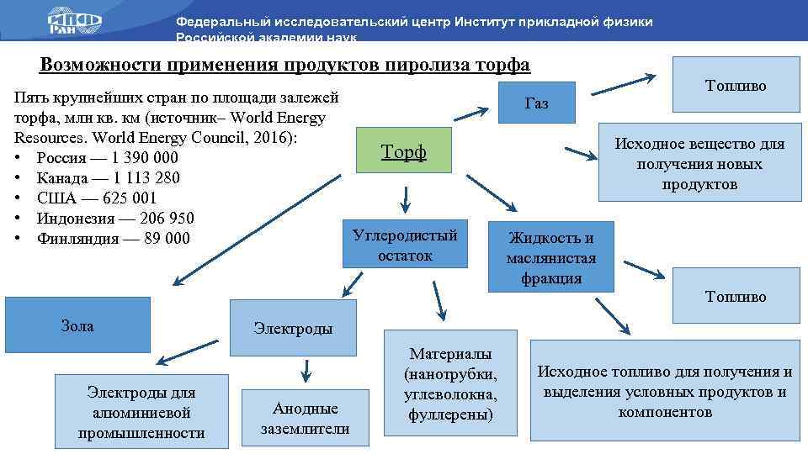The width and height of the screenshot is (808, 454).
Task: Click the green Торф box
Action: point(404,151)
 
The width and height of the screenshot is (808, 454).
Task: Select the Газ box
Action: point(536,103)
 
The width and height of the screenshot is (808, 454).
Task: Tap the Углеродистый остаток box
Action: point(405,244)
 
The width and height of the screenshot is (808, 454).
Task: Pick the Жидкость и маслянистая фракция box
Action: point(551,257)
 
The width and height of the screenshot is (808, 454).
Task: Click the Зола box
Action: point(77,325)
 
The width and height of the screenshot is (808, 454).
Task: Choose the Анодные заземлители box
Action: point(305,418)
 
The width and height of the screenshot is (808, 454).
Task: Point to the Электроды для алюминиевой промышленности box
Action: point(141,412)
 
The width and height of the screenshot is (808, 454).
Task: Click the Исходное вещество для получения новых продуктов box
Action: point(699,164)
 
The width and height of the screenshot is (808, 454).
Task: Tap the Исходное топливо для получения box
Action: point(665,391)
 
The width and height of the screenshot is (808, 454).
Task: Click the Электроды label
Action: point(293,329)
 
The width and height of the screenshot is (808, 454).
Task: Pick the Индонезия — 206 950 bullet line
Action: point(116,219)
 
